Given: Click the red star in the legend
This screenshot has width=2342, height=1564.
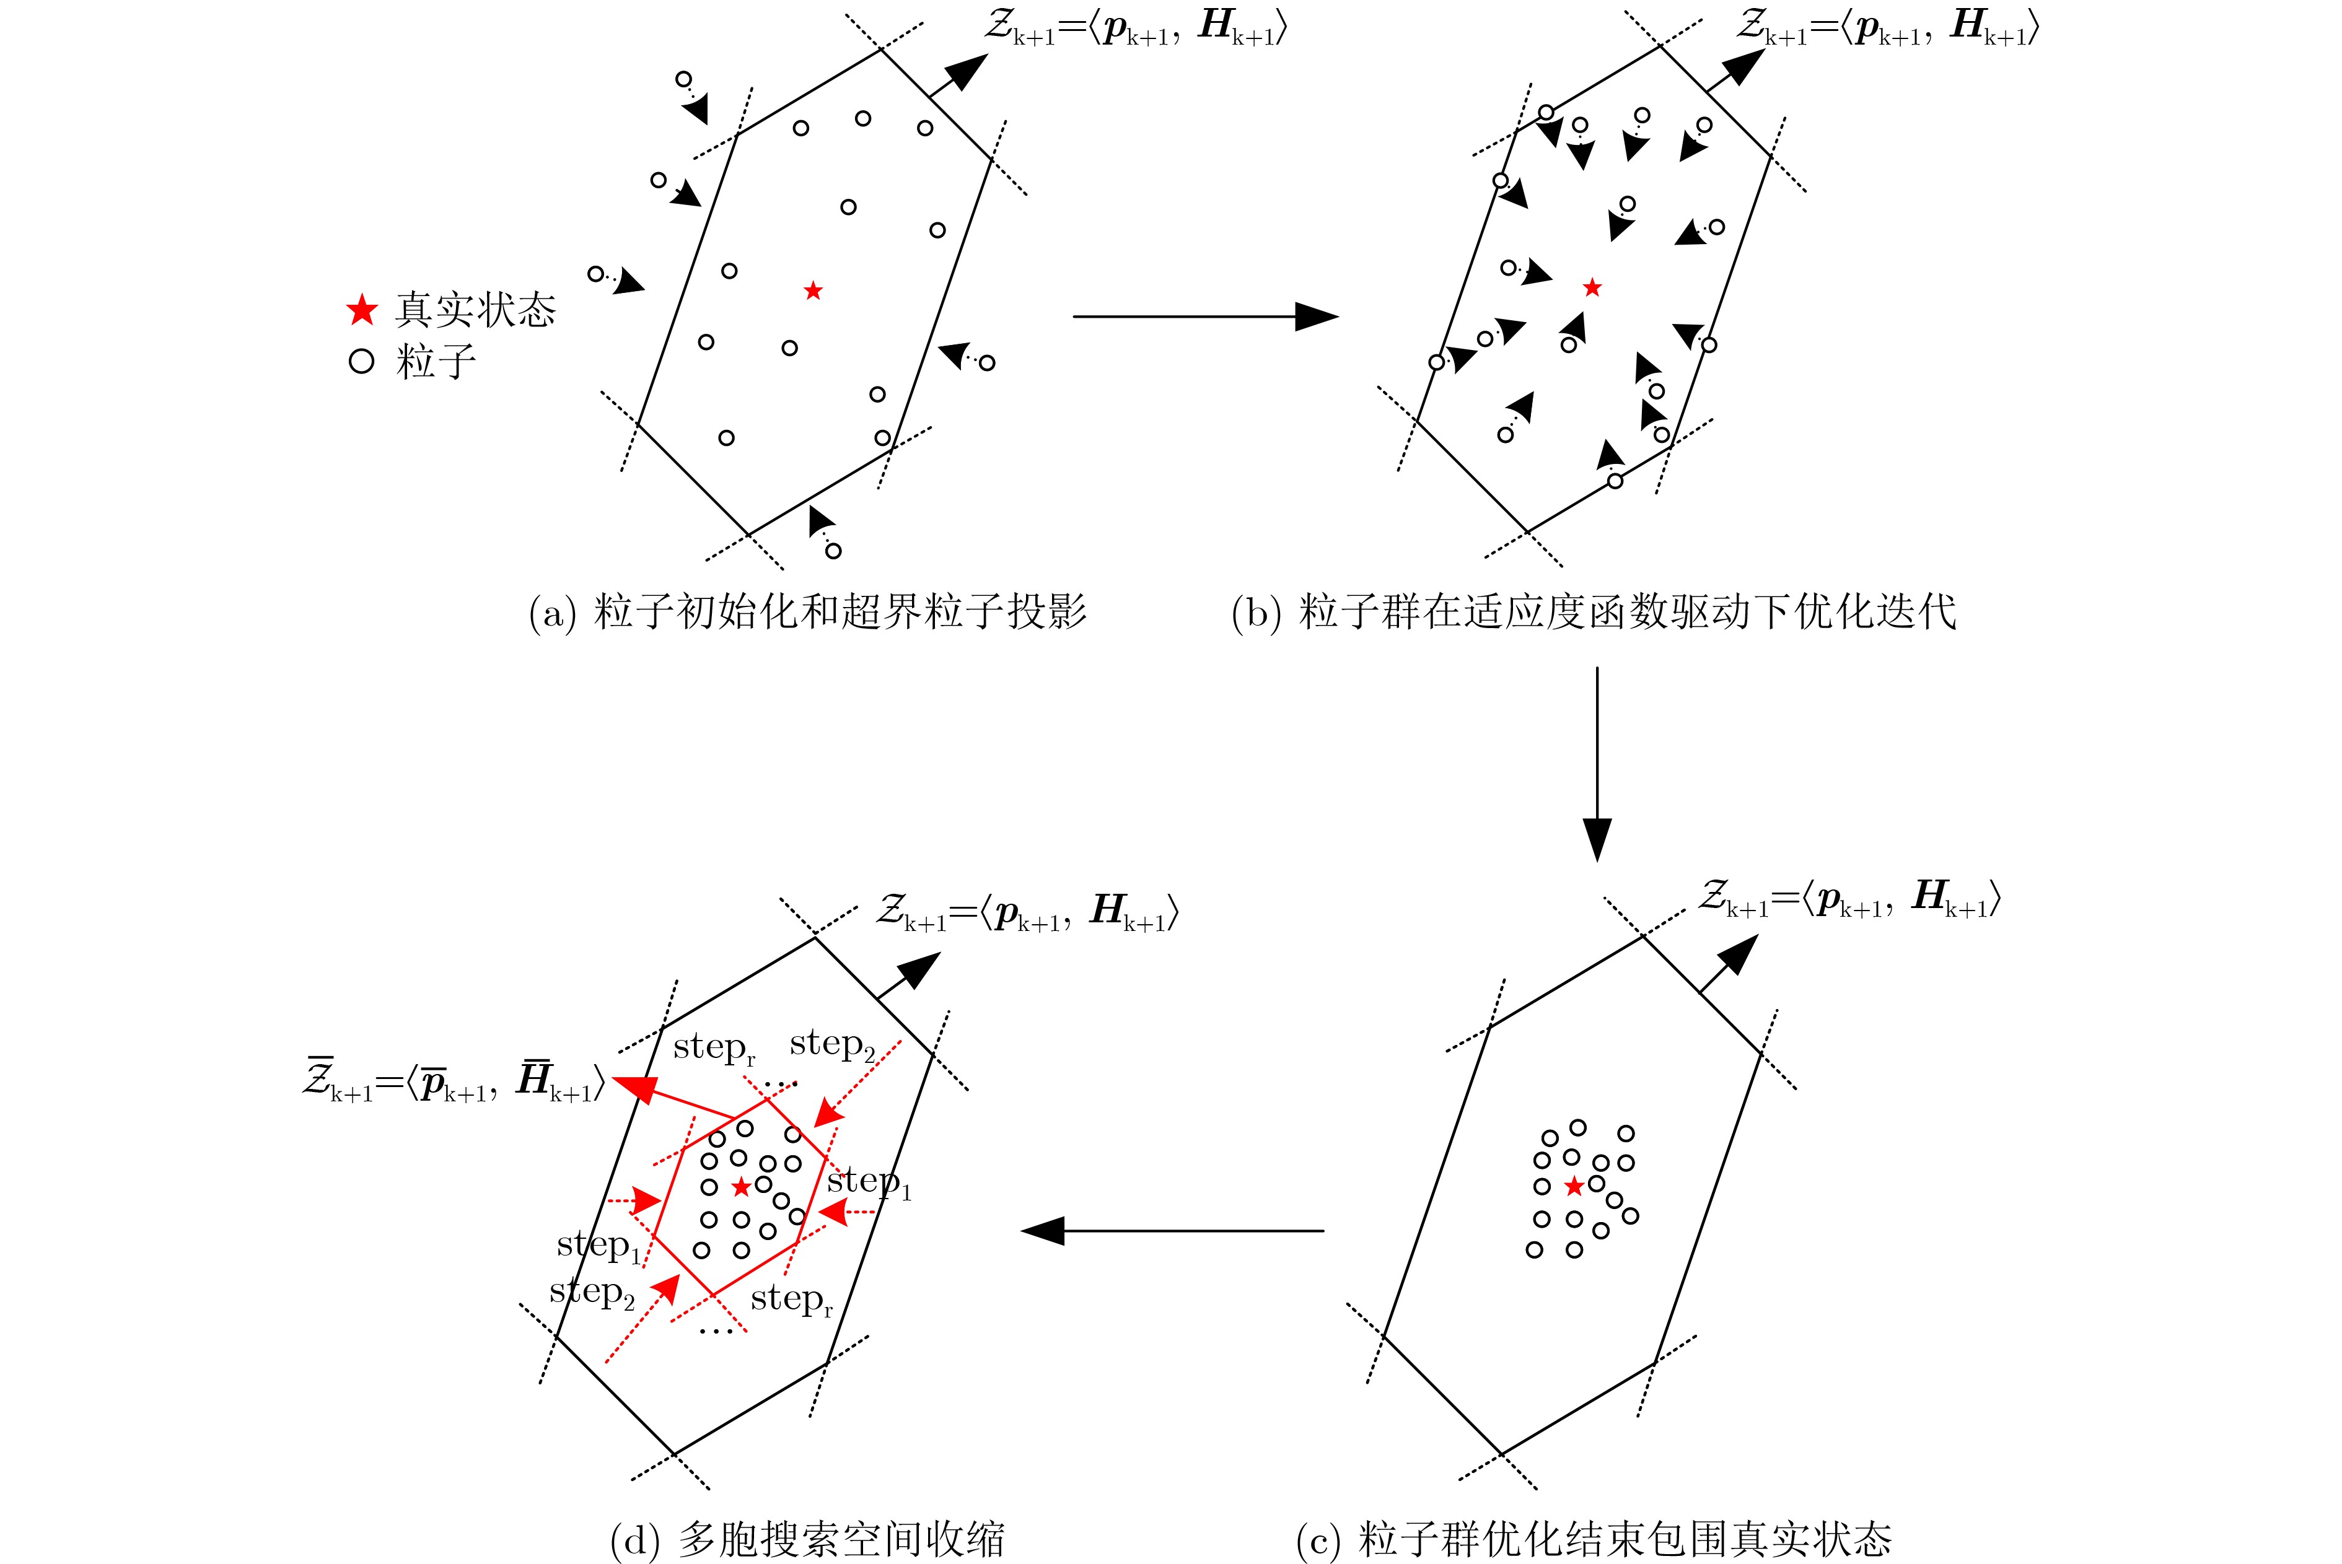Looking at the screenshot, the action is (x=362, y=310).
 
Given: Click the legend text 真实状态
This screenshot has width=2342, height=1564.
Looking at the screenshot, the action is (x=475, y=310).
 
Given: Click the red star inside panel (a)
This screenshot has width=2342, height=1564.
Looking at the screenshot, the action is (x=813, y=291).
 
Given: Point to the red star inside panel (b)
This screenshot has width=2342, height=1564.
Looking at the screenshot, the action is (x=1592, y=287).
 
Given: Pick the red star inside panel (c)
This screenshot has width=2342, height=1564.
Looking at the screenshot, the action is (x=1574, y=1186).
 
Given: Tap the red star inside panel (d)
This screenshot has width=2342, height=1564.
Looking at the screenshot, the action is (x=741, y=1186).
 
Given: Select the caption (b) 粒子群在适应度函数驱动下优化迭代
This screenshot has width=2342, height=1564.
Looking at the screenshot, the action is (x=1594, y=611).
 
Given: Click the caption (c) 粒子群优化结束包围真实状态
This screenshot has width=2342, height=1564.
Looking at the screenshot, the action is (x=1594, y=1540).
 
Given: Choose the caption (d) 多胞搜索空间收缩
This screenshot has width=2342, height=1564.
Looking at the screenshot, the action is (x=807, y=1540).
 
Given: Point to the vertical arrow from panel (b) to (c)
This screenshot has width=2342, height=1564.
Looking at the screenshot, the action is (x=1597, y=763).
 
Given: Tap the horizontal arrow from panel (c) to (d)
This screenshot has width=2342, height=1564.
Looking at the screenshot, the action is (x=1173, y=1231).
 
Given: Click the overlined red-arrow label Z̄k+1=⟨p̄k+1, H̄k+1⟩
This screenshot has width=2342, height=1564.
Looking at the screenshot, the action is (x=454, y=1081).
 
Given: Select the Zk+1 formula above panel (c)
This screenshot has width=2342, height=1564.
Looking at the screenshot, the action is (x=1850, y=898).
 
